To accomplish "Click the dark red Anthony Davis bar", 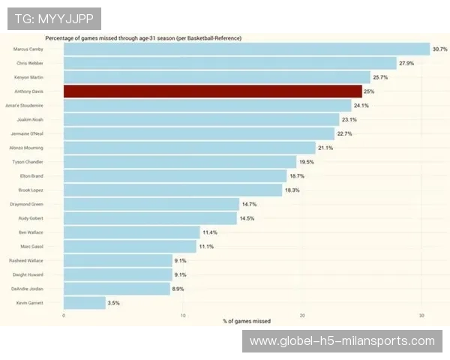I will [x=212, y=91].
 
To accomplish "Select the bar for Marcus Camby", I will [x=246, y=49].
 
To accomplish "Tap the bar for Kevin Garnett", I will [x=85, y=303].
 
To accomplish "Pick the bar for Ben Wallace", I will [x=132, y=232].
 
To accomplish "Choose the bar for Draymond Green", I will [x=151, y=204].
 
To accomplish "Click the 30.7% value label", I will [x=439, y=49].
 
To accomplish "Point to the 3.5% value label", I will [x=114, y=303].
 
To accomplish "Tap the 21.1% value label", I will [x=325, y=148].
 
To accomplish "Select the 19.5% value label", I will [x=306, y=162].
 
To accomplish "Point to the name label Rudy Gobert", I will [x=31, y=218].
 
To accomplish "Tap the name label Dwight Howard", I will [x=29, y=274].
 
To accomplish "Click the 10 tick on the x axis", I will [x=183, y=315].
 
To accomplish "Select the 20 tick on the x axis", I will [x=302, y=315].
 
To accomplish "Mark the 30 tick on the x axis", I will [x=421, y=315].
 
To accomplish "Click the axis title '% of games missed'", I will [x=247, y=322].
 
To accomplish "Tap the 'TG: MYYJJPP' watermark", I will [x=53, y=18].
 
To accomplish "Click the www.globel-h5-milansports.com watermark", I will [x=342, y=341].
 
